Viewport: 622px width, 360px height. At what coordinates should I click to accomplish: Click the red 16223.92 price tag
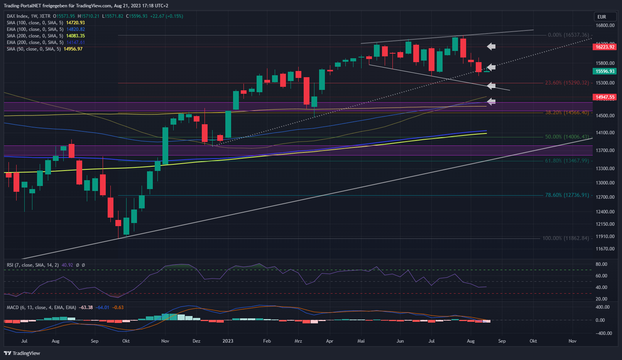click(605, 47)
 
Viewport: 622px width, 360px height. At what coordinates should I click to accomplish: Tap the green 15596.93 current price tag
click(605, 71)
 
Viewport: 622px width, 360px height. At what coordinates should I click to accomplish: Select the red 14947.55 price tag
click(605, 97)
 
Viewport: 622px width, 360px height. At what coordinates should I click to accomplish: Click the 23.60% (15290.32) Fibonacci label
click(567, 83)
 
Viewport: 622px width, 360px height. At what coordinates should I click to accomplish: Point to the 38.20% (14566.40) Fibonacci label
click(567, 113)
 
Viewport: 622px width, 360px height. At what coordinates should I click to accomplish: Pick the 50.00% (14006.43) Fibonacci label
click(567, 137)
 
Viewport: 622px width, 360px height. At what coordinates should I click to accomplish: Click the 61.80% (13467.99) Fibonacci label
click(567, 161)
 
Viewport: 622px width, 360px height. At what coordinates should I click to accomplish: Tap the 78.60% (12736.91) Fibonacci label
click(567, 195)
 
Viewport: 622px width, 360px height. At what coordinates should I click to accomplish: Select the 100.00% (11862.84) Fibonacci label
click(566, 238)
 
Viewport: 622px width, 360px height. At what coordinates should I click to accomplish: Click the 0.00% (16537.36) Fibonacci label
click(568, 35)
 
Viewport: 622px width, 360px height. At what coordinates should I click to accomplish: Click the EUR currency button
click(602, 17)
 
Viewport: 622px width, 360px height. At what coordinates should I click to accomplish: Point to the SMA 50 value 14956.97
click(73, 49)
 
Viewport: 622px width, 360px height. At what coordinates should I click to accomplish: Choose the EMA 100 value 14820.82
click(76, 29)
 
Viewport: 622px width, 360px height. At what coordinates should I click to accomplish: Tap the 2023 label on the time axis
click(228, 341)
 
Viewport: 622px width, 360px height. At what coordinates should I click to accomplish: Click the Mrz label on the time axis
click(298, 341)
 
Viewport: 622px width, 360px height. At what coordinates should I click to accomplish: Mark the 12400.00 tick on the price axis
click(605, 212)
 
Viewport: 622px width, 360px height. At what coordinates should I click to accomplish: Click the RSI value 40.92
click(67, 265)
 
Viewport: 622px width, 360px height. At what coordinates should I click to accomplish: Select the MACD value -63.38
click(86, 308)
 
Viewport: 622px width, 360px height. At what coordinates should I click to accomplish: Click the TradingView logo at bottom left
click(22, 353)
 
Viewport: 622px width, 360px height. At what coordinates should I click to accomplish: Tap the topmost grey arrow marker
click(491, 47)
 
